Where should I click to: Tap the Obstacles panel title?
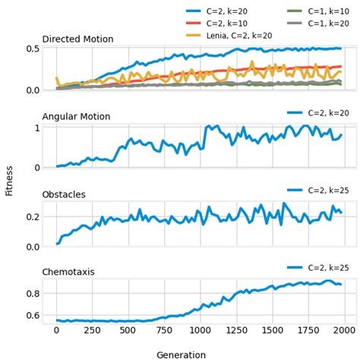(x=66, y=194)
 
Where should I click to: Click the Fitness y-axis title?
(x=9, y=180)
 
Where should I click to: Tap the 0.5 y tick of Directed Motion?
(x=33, y=49)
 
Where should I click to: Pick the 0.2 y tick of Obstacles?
(x=33, y=217)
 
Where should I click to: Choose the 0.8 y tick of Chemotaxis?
(x=33, y=293)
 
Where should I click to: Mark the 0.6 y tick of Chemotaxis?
(x=33, y=315)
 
